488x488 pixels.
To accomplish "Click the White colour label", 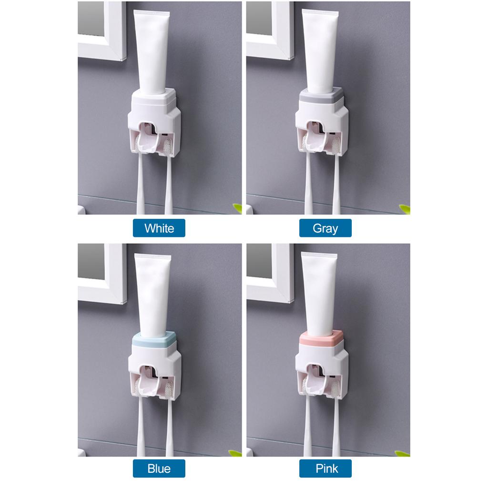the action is pyautogui.click(x=159, y=228).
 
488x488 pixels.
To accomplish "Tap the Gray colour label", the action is pyautogui.click(x=325, y=228).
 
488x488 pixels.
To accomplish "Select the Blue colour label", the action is pyautogui.click(x=159, y=468).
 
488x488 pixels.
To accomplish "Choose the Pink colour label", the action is pyautogui.click(x=325, y=468).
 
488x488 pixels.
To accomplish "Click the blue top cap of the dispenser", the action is pyautogui.click(x=154, y=340).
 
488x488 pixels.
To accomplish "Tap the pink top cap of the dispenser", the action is pyautogui.click(x=321, y=338).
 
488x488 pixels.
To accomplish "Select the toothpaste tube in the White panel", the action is pyautogui.click(x=152, y=52).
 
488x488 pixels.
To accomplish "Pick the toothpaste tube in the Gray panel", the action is pyautogui.click(x=320, y=51).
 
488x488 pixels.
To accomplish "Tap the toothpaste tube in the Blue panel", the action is pyautogui.click(x=152, y=295).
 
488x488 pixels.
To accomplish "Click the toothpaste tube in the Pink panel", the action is pyautogui.click(x=319, y=294).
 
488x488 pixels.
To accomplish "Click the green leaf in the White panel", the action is pyautogui.click(x=237, y=208).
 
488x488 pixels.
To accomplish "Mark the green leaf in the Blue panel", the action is pyautogui.click(x=235, y=453).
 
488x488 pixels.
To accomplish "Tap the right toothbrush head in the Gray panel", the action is pyautogui.click(x=336, y=145).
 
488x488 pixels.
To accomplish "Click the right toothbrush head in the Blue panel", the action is pyautogui.click(x=169, y=389).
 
